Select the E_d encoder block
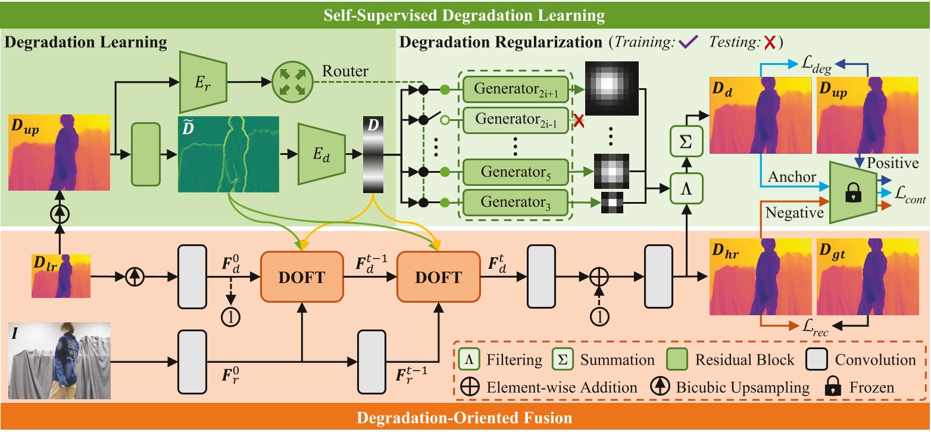point(322,154)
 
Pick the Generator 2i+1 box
point(515,89)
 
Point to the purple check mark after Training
point(691,43)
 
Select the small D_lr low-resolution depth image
point(61,275)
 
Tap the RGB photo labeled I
point(60,362)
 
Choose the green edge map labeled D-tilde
point(229,154)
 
